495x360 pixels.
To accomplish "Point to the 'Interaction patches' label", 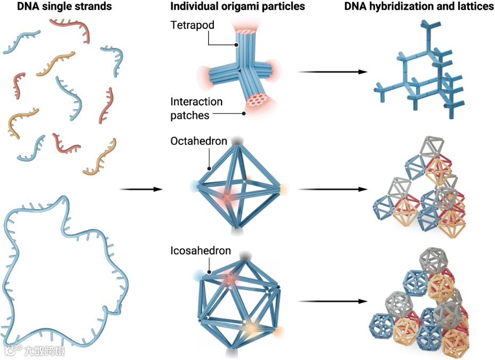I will point(196,108).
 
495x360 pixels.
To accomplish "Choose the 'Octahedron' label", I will point(199,142).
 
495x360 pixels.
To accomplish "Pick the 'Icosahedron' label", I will point(201,250).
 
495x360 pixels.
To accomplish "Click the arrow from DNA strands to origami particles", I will point(138,189).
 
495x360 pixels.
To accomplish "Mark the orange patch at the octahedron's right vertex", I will point(284,189).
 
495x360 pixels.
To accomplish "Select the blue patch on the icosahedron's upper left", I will point(199,275).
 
